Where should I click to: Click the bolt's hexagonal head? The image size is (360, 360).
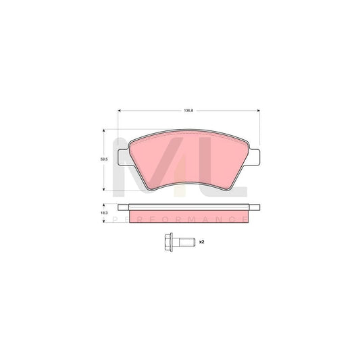166,241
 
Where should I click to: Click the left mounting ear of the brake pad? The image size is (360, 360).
122,157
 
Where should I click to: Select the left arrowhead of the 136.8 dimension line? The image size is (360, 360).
120,111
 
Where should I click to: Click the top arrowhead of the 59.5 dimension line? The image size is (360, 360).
103,132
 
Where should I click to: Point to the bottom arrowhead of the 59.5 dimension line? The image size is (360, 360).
103,190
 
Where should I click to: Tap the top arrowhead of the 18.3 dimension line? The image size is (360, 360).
103,204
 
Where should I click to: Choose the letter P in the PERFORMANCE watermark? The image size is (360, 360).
115,220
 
